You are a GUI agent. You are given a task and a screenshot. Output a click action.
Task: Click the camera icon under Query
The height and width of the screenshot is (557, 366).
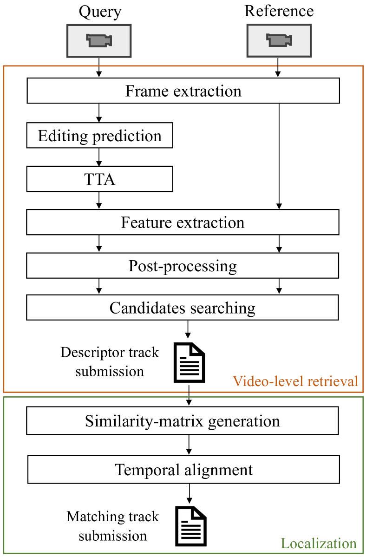click(99, 41)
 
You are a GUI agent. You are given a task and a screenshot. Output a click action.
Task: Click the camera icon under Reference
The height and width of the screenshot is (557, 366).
click(278, 41)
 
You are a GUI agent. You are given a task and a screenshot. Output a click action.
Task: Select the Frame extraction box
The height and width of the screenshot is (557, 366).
click(183, 91)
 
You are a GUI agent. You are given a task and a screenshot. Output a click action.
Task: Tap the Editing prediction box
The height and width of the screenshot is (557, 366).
click(99, 136)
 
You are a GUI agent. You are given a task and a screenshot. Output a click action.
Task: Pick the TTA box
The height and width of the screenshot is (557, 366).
click(99, 179)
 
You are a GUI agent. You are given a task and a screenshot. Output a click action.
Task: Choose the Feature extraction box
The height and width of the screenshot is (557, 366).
click(183, 223)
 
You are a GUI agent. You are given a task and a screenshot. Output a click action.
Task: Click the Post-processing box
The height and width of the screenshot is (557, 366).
click(183, 266)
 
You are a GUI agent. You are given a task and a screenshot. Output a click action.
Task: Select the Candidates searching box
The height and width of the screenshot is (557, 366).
click(183, 308)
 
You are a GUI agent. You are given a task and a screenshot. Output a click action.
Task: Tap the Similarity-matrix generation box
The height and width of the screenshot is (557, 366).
click(183, 421)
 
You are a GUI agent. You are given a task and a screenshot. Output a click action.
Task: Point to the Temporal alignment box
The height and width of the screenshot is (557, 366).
click(184, 470)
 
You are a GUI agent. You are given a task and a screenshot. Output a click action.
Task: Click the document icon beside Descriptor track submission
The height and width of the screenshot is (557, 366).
click(189, 363)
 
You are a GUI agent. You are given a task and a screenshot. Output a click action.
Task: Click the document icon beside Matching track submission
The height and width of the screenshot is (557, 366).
click(190, 526)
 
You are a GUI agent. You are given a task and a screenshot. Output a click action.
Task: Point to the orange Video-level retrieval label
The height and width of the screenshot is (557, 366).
click(295, 381)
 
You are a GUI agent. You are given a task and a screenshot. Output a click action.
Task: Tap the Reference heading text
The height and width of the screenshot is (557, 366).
click(279, 11)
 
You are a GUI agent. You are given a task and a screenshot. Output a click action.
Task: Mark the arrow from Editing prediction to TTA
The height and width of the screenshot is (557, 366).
click(99, 157)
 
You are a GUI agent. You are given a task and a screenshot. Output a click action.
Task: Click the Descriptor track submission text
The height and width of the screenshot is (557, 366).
click(110, 362)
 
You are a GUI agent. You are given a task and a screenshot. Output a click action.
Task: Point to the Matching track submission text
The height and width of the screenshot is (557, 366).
click(112, 526)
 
